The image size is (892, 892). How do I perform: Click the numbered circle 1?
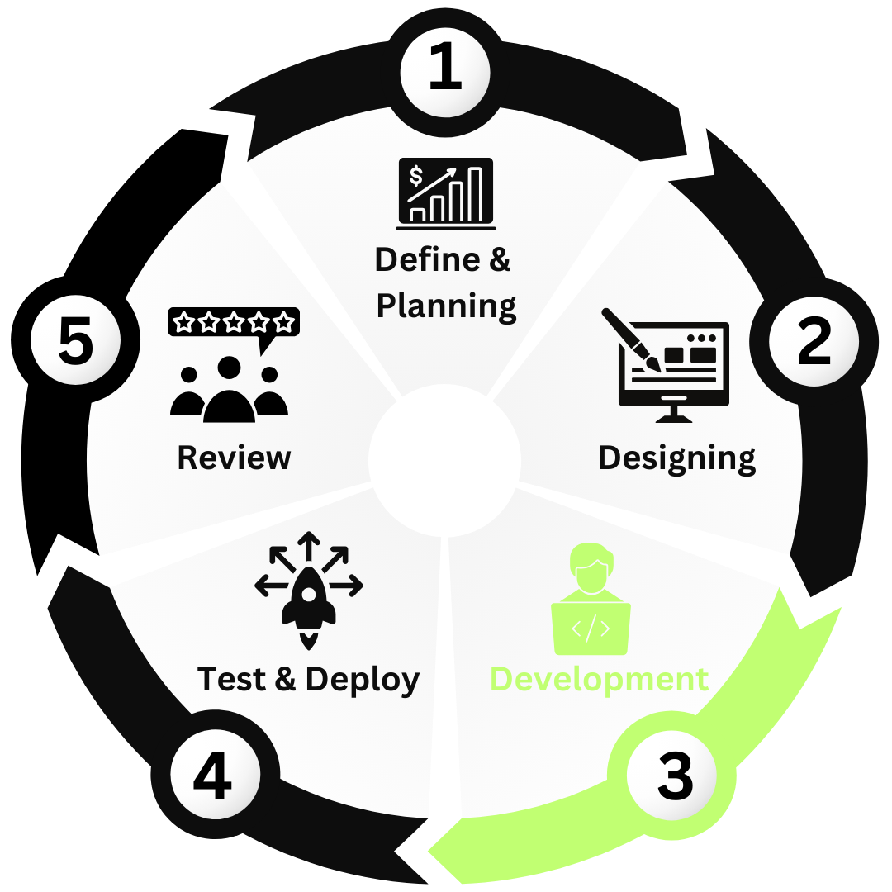coord(446,70)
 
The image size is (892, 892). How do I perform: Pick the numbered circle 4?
coord(214,776)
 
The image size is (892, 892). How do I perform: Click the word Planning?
coord(446,306)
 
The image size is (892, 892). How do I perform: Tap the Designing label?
coord(676,457)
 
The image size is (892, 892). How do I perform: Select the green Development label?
coord(599,679)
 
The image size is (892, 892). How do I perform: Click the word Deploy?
coord(363,679)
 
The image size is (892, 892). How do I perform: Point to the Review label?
coord(235,457)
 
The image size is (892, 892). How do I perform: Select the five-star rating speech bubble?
coord(234,323)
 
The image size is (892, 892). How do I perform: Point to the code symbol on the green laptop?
coord(591,629)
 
